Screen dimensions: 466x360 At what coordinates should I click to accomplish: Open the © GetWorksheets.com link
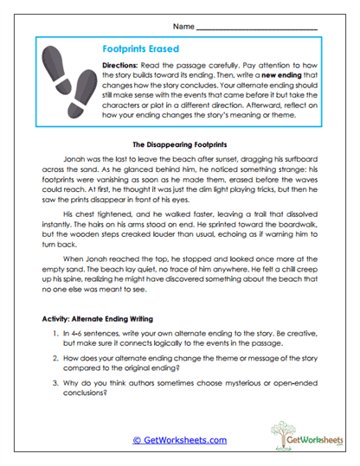tap(179, 439)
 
